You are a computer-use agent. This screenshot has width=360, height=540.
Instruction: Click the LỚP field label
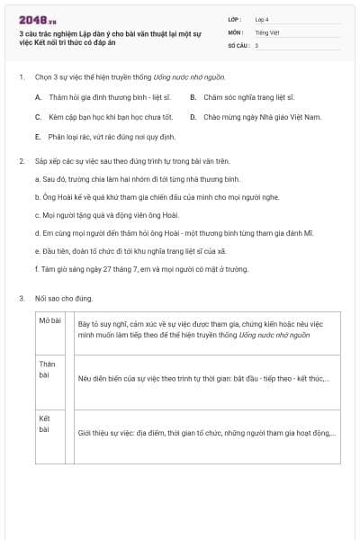coord(234,18)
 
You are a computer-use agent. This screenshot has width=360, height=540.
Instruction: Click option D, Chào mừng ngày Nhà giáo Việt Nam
coord(261,116)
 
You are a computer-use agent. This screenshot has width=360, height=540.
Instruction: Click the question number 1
coord(21,78)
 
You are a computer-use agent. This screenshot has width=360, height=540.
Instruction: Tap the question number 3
coord(21,298)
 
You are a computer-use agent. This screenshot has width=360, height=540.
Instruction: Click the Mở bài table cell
coord(49,320)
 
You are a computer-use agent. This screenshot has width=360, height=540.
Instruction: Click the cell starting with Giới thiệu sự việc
coord(207,433)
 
